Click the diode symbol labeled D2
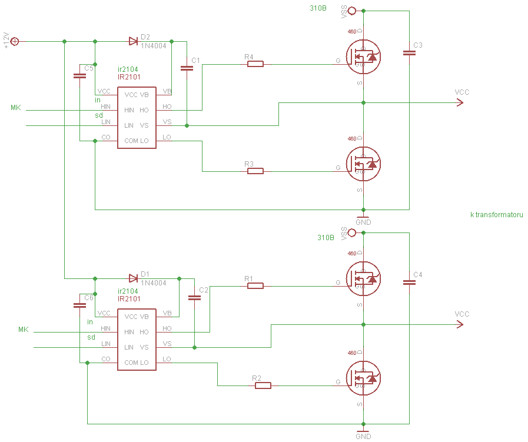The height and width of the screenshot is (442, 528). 133,41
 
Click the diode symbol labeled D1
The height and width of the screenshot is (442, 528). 133,278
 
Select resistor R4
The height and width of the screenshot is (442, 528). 255,64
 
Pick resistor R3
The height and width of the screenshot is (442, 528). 255,171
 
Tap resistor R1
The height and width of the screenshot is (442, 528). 255,285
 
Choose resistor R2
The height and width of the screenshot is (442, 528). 263,385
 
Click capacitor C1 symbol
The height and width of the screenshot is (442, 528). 187,68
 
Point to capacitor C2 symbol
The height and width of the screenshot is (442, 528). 194,298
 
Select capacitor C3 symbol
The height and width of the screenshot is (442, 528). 409,53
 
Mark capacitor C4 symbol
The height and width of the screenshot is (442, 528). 409,283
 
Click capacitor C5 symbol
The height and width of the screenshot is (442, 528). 79,76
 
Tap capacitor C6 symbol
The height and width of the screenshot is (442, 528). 79,305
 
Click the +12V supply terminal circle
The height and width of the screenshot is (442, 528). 15,41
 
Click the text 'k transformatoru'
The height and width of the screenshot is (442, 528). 496,215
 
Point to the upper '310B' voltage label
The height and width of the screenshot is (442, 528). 318,8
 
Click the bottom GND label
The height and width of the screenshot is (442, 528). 363,437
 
